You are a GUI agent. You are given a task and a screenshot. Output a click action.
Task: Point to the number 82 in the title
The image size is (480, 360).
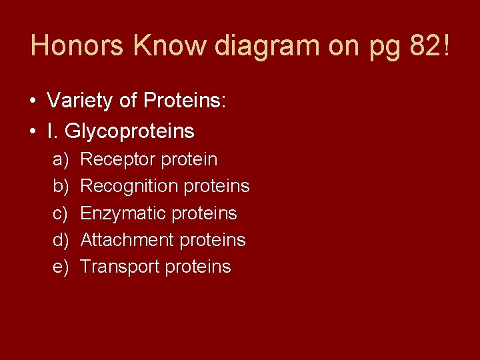421,46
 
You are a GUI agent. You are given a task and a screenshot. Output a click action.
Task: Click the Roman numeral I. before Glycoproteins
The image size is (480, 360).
51,131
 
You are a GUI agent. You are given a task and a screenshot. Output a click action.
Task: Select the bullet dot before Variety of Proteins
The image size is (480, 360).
33,102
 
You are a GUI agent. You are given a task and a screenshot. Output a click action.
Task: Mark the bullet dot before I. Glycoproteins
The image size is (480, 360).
33,132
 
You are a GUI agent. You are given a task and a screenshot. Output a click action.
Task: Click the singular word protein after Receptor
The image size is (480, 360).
189,160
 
